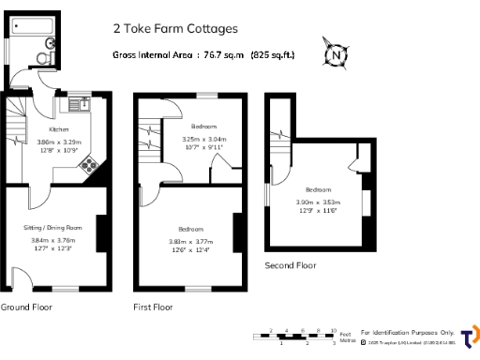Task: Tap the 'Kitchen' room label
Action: coord(59,129)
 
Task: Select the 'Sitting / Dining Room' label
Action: coord(53,228)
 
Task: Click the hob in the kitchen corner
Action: coord(89,166)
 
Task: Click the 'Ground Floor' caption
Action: coord(25,307)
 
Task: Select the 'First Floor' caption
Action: coord(153,307)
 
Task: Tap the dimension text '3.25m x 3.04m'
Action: coord(204,139)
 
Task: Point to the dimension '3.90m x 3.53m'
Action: coord(319,202)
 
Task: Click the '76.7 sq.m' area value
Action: coord(220,54)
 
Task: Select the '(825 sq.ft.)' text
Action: coord(273,54)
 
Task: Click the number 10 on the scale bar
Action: coord(334,330)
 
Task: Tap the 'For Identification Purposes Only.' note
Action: coord(408,332)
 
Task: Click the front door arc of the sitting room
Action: coord(19,277)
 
